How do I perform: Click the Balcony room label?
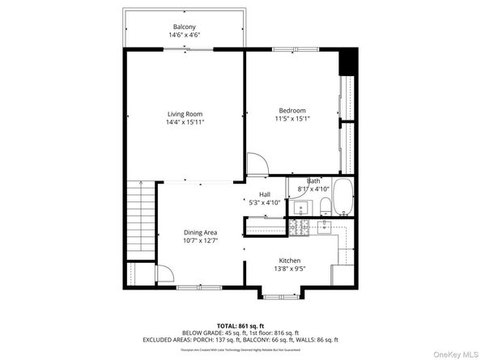[x=185, y=27]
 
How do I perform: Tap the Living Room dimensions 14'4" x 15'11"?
[x=185, y=123]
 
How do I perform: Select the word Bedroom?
[x=292, y=111]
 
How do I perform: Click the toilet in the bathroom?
[x=324, y=205]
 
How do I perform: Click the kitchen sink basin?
[x=344, y=237]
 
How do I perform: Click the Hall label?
[x=264, y=194]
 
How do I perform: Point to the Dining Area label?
[x=200, y=232]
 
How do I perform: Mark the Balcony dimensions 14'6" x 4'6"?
[x=185, y=36]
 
